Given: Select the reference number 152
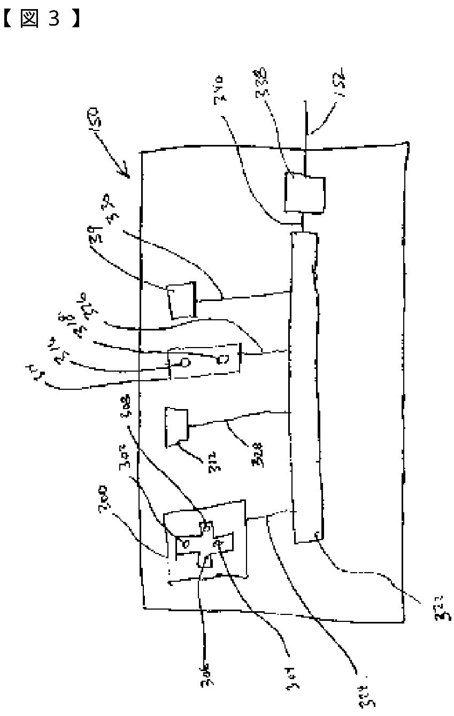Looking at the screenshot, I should click(338, 86).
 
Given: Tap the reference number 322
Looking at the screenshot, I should click(443, 611).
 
